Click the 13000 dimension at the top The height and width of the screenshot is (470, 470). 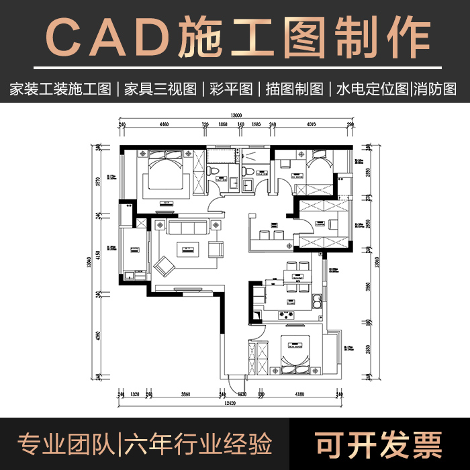[236, 115]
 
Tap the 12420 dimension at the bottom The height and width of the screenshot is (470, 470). [230, 403]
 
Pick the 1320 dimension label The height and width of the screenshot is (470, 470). [134, 395]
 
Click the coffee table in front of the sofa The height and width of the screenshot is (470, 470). [187, 250]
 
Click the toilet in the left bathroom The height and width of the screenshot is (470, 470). [213, 174]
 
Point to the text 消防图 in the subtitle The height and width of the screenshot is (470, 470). [435, 89]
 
